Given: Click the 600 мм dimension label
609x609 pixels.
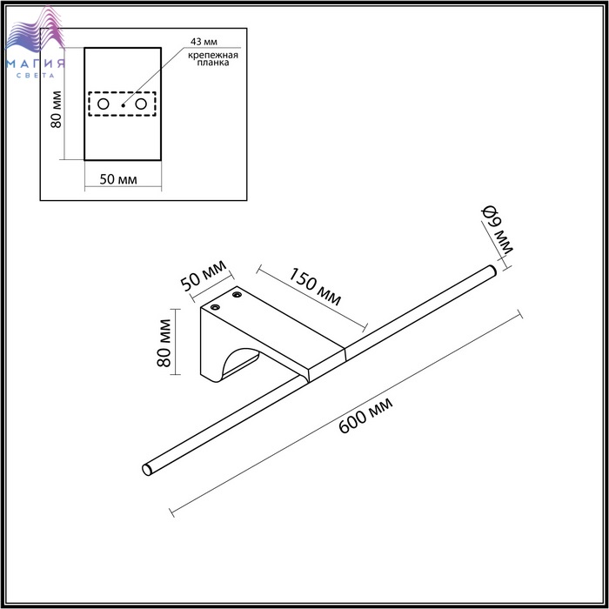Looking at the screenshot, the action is [x=365, y=415].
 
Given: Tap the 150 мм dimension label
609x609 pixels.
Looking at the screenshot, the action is [x=315, y=286].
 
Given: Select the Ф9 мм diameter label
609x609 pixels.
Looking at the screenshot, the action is [x=498, y=230].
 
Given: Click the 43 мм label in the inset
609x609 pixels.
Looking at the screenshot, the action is [x=204, y=42].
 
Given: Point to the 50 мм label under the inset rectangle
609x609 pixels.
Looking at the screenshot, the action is [x=118, y=179].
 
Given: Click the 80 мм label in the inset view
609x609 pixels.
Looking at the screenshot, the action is [x=57, y=109].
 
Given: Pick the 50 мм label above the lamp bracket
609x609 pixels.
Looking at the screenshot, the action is [x=203, y=276].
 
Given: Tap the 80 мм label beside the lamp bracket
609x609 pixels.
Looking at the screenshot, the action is [x=164, y=343].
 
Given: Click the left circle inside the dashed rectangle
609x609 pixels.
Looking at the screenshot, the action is [x=103, y=104].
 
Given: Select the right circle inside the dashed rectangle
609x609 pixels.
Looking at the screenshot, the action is [x=141, y=104].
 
